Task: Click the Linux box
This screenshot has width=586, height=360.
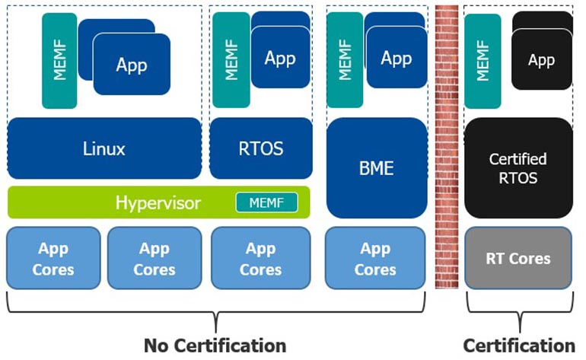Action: click(x=104, y=148)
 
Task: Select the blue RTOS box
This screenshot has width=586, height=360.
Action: click(x=261, y=148)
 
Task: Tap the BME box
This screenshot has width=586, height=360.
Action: click(x=376, y=168)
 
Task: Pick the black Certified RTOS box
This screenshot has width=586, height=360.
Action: click(x=518, y=168)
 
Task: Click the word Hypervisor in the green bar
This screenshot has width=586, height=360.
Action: click(x=158, y=202)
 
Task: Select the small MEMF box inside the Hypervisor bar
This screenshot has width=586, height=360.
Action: click(x=266, y=202)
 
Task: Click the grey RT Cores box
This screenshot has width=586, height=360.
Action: click(x=518, y=258)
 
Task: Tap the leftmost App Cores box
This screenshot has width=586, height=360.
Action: click(x=53, y=258)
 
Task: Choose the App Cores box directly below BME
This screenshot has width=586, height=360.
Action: click(x=375, y=258)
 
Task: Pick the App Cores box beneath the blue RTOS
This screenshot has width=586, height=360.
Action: click(x=261, y=258)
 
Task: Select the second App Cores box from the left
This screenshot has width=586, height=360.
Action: click(x=154, y=258)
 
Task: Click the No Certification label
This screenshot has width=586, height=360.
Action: click(x=215, y=345)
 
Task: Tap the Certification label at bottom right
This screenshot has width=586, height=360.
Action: click(x=518, y=345)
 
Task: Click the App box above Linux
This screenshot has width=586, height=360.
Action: click(x=132, y=65)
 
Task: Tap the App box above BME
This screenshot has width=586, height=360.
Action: click(x=396, y=59)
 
